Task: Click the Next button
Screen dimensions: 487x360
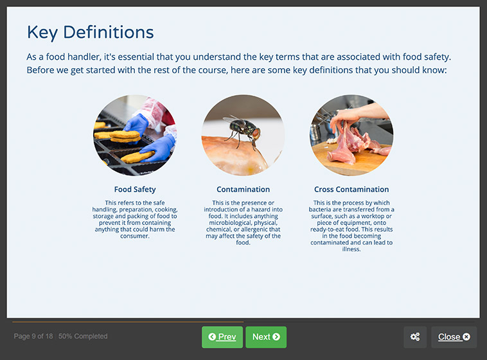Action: click(266, 337)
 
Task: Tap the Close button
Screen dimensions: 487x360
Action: click(454, 337)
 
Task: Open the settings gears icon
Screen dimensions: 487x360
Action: click(415, 337)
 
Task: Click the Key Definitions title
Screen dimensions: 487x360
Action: click(91, 32)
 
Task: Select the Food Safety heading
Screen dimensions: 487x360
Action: click(135, 190)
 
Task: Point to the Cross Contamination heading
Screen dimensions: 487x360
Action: click(351, 190)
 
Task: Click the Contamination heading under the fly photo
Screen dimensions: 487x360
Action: click(243, 190)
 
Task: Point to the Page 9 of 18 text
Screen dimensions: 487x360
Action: click(33, 336)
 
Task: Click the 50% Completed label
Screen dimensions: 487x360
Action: click(83, 336)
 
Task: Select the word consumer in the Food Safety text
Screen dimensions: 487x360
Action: click(134, 236)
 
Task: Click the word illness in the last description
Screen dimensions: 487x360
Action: click(351, 249)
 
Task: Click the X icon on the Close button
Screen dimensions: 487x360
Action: click(466, 337)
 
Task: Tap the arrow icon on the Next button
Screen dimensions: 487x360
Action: click(276, 337)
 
